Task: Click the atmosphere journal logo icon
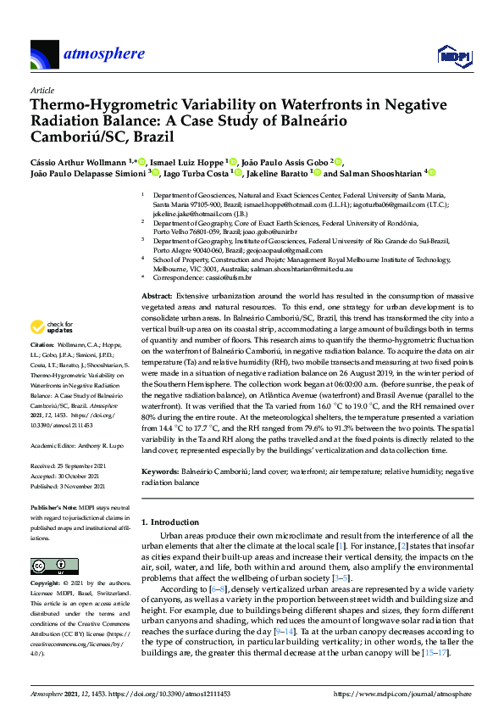pos(44,54)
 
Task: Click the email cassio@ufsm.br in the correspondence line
pos(229,277)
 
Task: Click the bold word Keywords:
pos(158,471)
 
